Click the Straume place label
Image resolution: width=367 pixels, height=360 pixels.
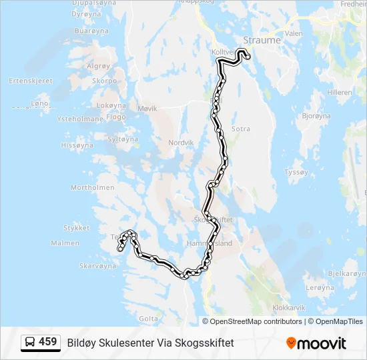coord(262,40)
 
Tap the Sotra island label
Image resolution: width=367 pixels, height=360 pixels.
coord(240,129)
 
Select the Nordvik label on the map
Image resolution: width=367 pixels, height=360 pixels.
coord(180,143)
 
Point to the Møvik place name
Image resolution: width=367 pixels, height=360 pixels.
coord(147,108)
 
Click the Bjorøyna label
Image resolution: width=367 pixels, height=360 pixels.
coord(316,115)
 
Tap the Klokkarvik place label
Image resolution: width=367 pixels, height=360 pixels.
coord(289,308)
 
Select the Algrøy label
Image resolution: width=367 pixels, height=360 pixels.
coord(97,66)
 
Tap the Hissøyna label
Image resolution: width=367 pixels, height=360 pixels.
coord(77,145)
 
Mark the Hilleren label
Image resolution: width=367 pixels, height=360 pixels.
coord(340,93)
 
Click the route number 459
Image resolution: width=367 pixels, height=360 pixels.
coord(47,342)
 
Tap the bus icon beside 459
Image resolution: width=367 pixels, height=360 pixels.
coord(30,343)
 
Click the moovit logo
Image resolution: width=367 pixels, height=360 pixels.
coord(316,343)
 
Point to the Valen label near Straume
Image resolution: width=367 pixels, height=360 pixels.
coord(293,32)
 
